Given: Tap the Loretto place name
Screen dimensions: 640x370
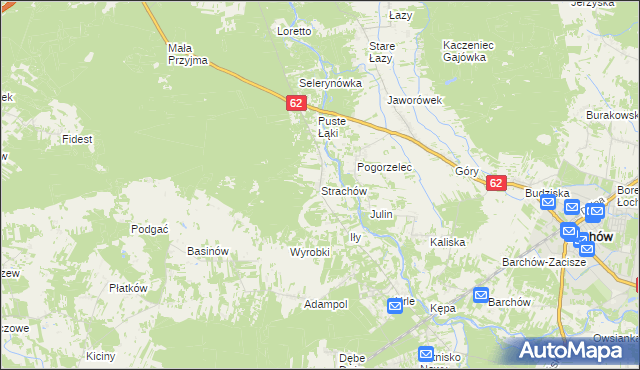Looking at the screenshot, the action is (x=294, y=31).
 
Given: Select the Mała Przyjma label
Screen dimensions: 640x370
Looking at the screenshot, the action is (x=187, y=54).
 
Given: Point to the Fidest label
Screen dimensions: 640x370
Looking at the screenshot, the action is (x=77, y=138).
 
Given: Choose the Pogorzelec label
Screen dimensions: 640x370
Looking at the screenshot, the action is (x=385, y=167).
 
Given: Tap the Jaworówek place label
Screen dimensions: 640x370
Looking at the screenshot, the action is (x=414, y=100).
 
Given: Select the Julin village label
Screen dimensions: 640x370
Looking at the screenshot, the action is (x=381, y=214).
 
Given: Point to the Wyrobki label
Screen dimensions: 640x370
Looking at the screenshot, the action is (x=309, y=252).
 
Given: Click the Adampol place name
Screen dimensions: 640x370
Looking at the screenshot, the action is (x=326, y=303).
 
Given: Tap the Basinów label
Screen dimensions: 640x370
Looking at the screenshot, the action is (x=208, y=251).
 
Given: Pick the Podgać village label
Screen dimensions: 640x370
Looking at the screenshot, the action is (x=149, y=228).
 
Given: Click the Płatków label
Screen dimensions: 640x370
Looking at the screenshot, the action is (x=128, y=288).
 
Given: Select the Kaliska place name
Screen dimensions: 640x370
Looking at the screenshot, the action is (x=448, y=242).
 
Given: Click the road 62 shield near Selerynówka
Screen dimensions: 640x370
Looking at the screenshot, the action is (x=295, y=103).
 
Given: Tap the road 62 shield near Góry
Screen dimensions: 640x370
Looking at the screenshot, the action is (x=496, y=184).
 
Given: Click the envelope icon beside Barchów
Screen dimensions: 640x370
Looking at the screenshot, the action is (x=480, y=296).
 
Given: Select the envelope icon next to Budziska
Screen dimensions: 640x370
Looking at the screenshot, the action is (x=548, y=202).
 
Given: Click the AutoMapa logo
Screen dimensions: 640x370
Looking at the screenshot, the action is (x=577, y=349).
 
